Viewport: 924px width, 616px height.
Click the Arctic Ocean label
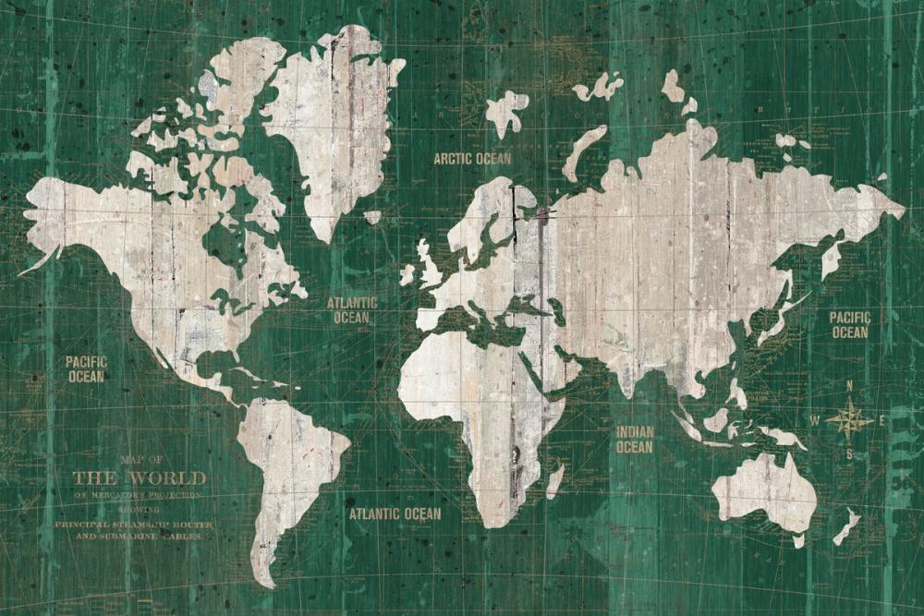point(472,159)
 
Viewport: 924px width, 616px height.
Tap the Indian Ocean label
point(635,440)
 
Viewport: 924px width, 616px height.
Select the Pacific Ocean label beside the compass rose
point(849,325)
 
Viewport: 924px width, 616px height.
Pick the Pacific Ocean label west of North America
point(86,368)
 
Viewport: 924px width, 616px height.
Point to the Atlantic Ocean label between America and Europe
point(352,310)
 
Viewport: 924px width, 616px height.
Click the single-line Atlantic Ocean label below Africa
point(395,513)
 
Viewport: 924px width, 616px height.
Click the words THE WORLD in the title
point(140,477)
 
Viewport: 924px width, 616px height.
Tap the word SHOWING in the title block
point(139,509)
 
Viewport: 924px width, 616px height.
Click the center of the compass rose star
point(849,421)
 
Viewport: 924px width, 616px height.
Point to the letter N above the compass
point(849,386)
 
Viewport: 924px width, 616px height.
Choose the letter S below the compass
point(849,454)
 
